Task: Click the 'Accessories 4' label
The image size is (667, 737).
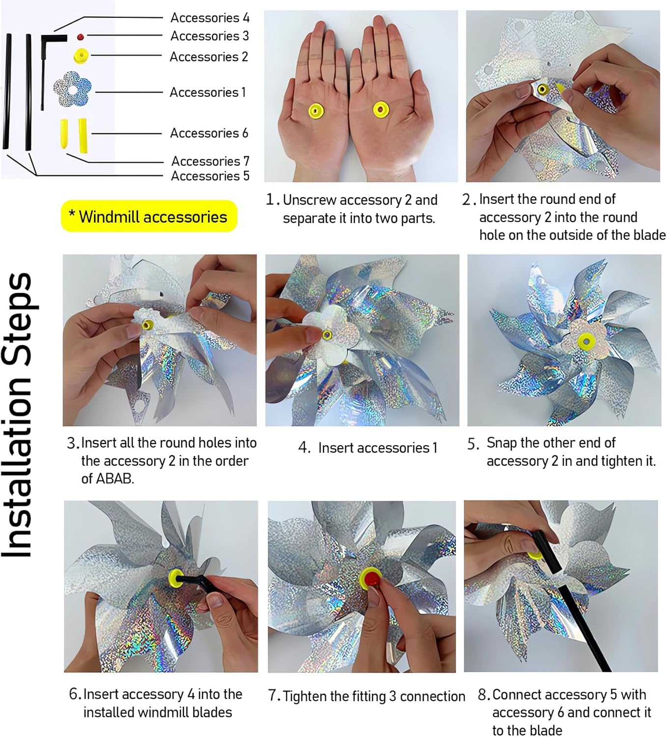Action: [x=209, y=18]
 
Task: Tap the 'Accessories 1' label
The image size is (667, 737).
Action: [x=207, y=92]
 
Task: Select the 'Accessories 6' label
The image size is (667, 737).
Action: [x=209, y=133]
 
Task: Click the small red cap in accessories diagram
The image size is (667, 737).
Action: [x=80, y=37]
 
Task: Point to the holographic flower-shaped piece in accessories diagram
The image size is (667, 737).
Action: [x=72, y=89]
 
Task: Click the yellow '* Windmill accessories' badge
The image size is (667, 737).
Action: [x=149, y=216]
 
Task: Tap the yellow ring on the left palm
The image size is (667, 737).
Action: [x=315, y=111]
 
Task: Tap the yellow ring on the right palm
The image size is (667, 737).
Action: [x=381, y=109]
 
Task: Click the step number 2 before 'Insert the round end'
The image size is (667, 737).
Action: [x=467, y=199]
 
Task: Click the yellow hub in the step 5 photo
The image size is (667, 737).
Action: [x=586, y=340]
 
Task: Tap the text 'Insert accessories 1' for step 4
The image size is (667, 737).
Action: [x=377, y=448]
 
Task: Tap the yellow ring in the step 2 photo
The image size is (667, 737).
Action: [x=543, y=90]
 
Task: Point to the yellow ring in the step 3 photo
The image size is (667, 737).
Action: [x=147, y=325]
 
